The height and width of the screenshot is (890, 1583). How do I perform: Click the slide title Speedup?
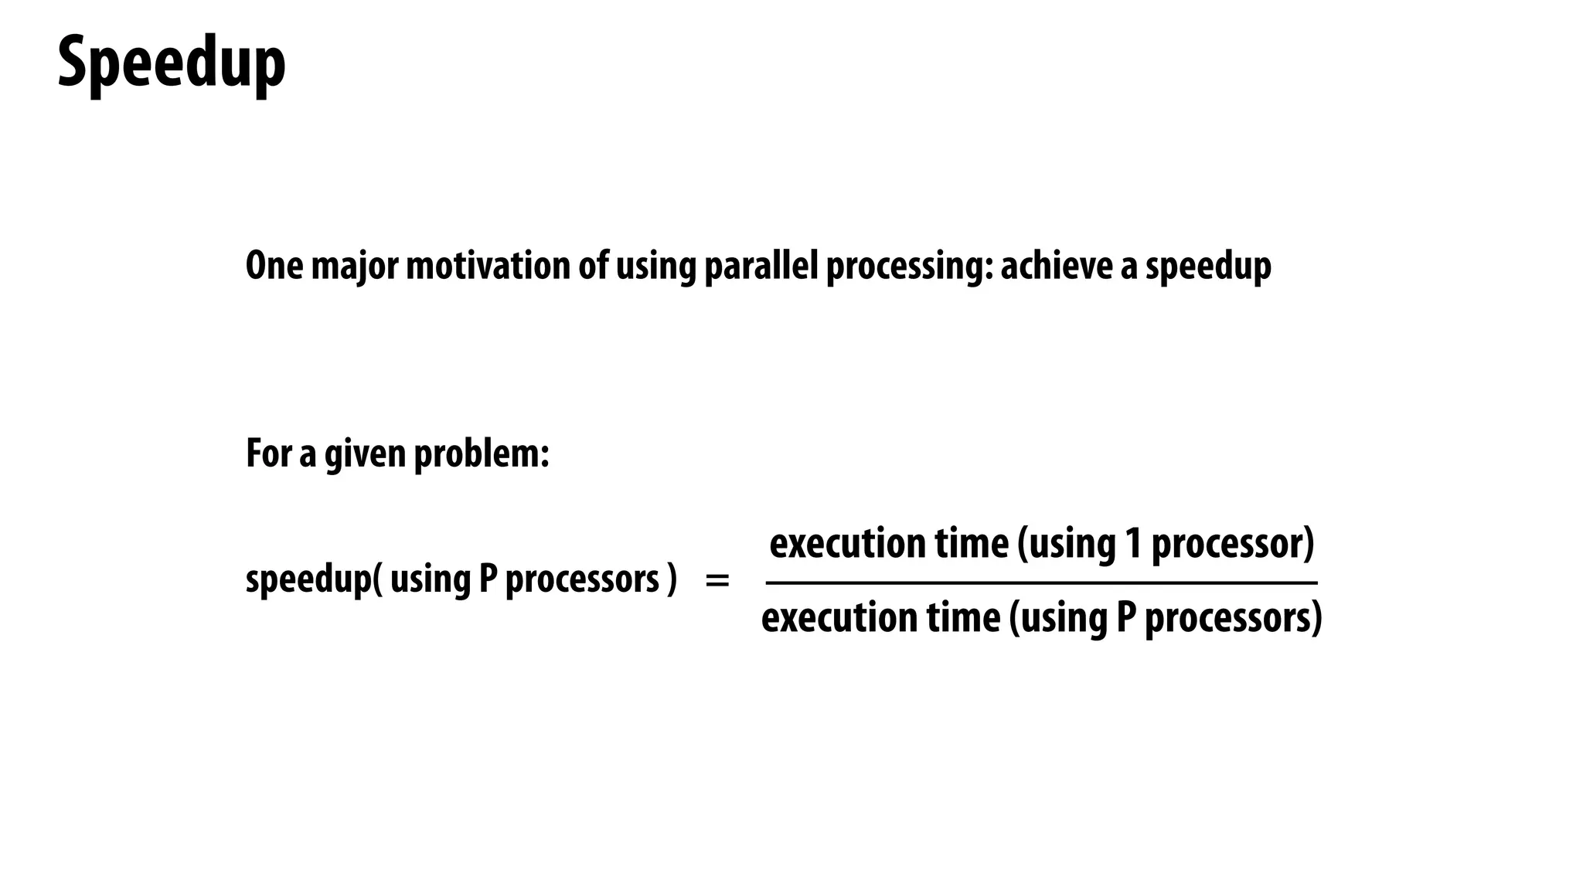pos(172,63)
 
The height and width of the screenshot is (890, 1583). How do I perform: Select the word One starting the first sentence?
pos(274,266)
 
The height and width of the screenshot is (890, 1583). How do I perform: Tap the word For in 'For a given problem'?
pos(268,453)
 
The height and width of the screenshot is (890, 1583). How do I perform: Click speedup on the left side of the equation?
pos(309,579)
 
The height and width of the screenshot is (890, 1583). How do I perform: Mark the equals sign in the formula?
pos(717,580)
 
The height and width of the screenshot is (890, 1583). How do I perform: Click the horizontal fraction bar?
pos(1041,583)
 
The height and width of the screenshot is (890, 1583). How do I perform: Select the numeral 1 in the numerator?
pos(1133,544)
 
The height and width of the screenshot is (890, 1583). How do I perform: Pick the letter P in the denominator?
pos(1125,619)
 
